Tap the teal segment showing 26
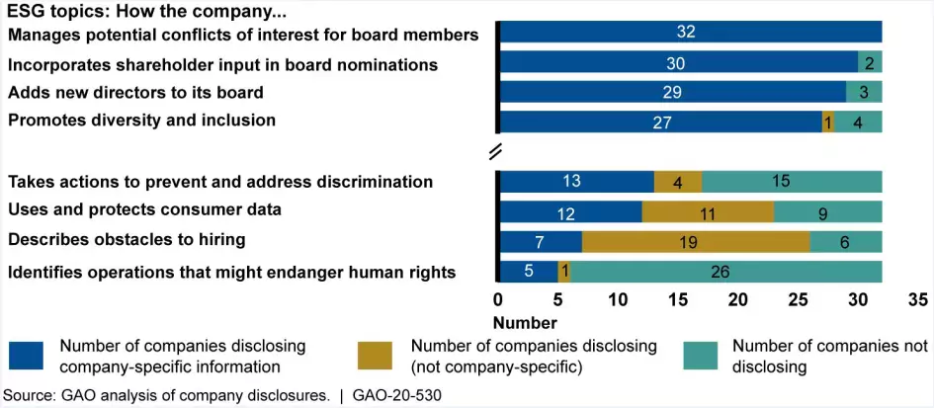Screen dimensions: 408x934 (725, 271)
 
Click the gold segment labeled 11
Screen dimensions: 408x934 (708, 211)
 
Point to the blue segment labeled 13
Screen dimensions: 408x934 (578, 182)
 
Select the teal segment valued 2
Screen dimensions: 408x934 (870, 63)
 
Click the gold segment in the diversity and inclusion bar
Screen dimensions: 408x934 (828, 122)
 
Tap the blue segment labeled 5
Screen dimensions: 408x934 (529, 271)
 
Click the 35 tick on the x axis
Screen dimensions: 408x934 (917, 300)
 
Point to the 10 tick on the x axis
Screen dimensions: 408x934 (619, 300)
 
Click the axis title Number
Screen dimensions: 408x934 (525, 323)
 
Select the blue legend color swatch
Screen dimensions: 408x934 (27, 356)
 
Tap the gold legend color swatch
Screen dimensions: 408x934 (375, 356)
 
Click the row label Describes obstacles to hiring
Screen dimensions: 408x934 (127, 238)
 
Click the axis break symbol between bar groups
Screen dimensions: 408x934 (497, 150)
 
